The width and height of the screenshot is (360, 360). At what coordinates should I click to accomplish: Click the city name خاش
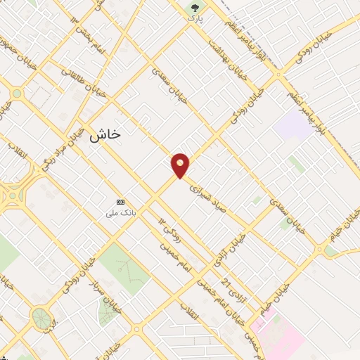(x=105, y=135)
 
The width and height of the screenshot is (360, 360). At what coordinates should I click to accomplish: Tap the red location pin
(x=180, y=165)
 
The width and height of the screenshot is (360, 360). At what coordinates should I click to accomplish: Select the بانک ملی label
(x=120, y=212)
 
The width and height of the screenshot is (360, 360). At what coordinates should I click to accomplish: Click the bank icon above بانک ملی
(x=120, y=201)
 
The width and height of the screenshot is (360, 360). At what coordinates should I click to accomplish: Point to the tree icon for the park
(x=195, y=8)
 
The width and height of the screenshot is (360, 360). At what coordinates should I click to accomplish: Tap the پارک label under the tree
(x=195, y=19)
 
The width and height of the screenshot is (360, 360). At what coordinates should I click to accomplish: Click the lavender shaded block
(x=294, y=124)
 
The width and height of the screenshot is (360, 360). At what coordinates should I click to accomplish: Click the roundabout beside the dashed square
(x=16, y=93)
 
